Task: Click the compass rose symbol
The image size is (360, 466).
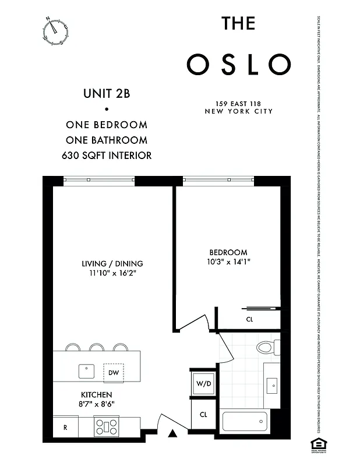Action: coord(55,30)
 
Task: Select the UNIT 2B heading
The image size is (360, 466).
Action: coord(107,93)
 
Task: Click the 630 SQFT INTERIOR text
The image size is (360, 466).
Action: coord(107,156)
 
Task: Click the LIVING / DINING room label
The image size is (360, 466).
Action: coord(112,263)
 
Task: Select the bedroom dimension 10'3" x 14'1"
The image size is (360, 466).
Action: coord(228,262)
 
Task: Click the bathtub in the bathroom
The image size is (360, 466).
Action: coord(245,421)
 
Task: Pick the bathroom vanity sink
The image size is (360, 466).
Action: coord(271,385)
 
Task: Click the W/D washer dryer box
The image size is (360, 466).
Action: coord(203,383)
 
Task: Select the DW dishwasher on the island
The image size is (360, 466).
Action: coord(113,371)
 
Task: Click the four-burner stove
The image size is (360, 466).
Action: coord(107,428)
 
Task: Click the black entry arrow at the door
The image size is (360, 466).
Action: coord(172,433)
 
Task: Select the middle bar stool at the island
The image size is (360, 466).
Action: coord(97,348)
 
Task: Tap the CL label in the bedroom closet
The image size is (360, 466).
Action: coord(249,319)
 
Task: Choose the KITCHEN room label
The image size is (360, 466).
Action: coord(96,394)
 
